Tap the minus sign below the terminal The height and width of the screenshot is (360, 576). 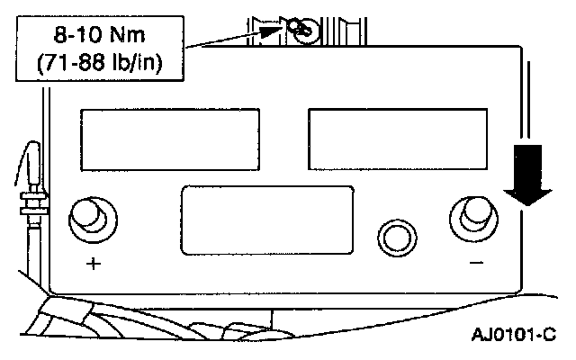pos(476,263)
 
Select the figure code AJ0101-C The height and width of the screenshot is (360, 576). pos(518,339)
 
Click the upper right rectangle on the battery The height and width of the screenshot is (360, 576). pos(367,134)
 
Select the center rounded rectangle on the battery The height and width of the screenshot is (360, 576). pos(266,220)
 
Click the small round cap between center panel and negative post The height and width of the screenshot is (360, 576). pos(394,238)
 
